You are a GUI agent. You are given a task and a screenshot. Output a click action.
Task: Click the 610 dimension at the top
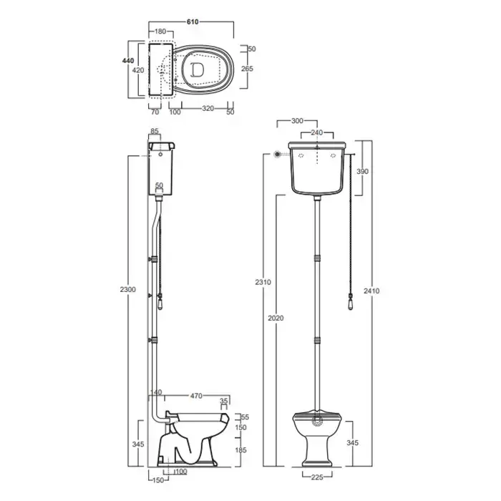pyautogui.click(x=193, y=22)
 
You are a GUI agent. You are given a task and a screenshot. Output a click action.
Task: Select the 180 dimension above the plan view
pyautogui.click(x=160, y=31)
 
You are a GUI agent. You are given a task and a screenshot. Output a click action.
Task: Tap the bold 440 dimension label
pyautogui.click(x=128, y=61)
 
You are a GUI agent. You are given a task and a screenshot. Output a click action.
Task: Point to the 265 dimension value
pyautogui.click(x=247, y=69)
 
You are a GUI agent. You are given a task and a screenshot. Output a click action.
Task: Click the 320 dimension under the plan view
pyautogui.click(x=208, y=109)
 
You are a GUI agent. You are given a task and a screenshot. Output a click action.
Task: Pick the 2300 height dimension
pyautogui.click(x=128, y=289)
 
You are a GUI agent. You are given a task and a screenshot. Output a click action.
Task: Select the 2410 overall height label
pyautogui.click(x=371, y=291)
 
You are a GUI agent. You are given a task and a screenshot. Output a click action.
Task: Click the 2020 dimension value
pyautogui.click(x=276, y=318)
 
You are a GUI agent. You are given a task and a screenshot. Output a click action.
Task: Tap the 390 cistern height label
pyautogui.click(x=362, y=171)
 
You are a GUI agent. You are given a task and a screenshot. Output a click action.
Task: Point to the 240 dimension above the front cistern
pyautogui.click(x=316, y=132)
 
